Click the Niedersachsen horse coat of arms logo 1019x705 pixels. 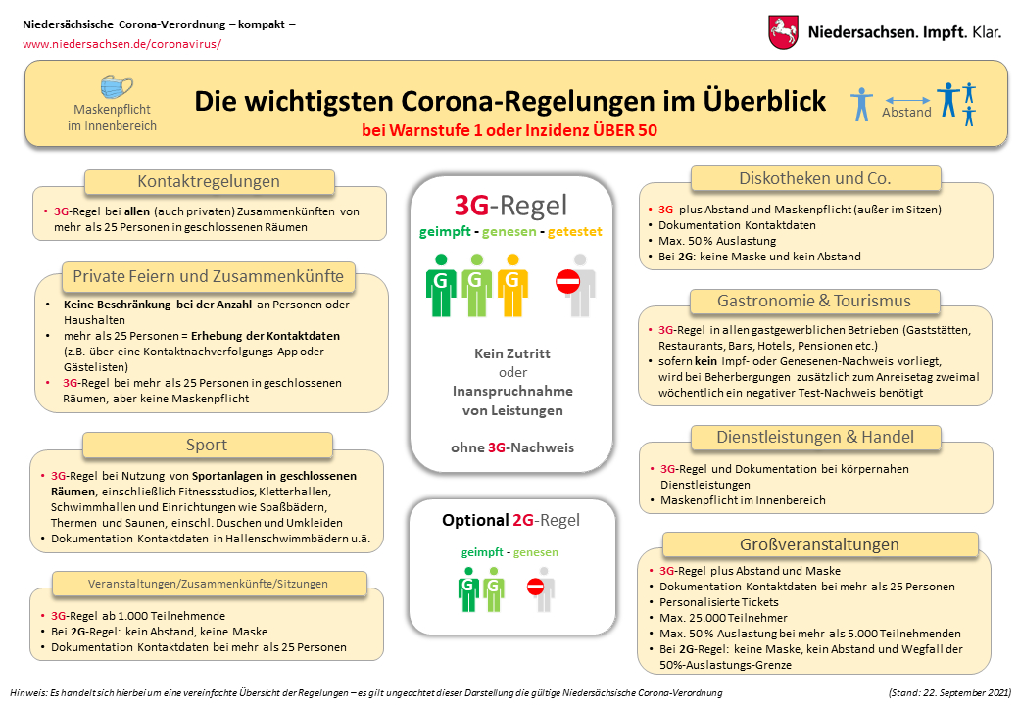pyautogui.click(x=784, y=31)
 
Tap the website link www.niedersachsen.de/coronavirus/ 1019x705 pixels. pyautogui.click(x=122, y=44)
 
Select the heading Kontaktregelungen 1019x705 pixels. pyautogui.click(x=209, y=181)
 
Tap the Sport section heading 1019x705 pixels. pyautogui.click(x=207, y=445)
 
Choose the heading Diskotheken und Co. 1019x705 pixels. pyautogui.click(x=814, y=178)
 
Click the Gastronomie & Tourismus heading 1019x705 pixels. pyautogui.click(x=814, y=301)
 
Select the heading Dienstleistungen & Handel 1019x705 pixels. pyautogui.click(x=814, y=437)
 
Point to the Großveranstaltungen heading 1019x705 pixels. pyautogui.click(x=820, y=544)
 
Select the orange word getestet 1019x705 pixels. pyautogui.click(x=575, y=232)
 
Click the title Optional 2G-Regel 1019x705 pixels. pyautogui.click(x=511, y=520)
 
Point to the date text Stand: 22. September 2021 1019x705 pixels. pyautogui.click(x=948, y=692)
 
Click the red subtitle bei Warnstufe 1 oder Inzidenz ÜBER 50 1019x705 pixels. pyautogui.click(x=509, y=129)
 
